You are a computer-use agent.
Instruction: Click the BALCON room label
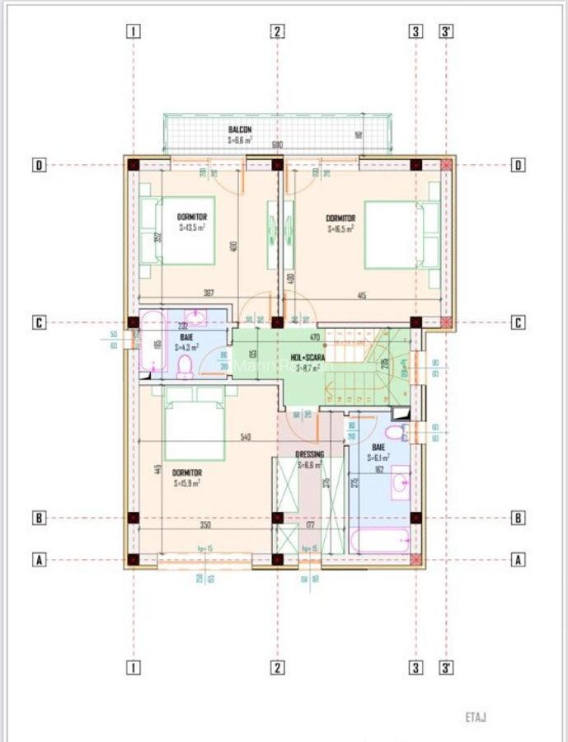(x=240, y=130)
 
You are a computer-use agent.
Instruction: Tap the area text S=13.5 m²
(x=191, y=227)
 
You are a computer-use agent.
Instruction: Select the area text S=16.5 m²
(x=340, y=229)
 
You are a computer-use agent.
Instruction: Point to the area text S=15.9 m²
(x=186, y=484)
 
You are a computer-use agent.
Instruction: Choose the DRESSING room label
(x=310, y=454)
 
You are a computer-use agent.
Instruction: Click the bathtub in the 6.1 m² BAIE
(x=380, y=540)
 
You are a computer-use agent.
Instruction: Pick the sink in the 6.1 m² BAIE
(x=400, y=481)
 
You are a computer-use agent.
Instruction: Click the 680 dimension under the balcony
(x=277, y=145)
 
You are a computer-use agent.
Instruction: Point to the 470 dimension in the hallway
(x=313, y=336)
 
